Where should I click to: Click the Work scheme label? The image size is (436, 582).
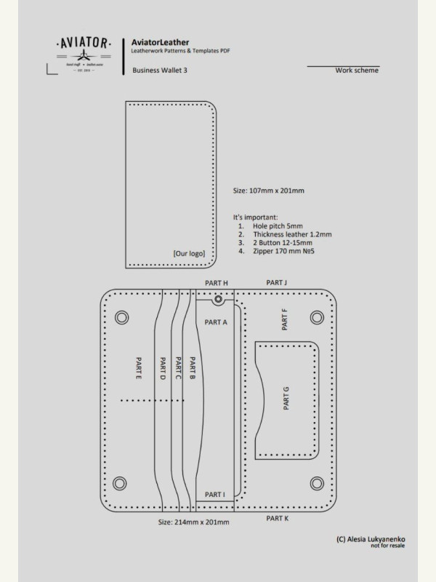coord(357,71)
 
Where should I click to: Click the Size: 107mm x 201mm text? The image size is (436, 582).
coord(268,191)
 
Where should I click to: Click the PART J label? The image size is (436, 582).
coord(277,282)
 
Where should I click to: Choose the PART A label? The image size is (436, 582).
coord(216,322)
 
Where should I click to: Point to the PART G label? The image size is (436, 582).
coord(286,399)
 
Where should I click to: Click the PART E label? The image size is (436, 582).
coord(138,368)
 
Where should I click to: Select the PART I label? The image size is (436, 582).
coord(215,495)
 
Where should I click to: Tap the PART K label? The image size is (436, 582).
coord(277,518)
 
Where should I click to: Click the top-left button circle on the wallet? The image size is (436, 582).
coord(122,317)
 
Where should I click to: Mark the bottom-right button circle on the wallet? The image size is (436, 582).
coord(316,483)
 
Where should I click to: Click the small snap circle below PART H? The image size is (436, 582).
coord(217,299)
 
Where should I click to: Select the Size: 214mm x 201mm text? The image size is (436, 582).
coord(194,522)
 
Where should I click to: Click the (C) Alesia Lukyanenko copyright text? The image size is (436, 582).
coord(371,539)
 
